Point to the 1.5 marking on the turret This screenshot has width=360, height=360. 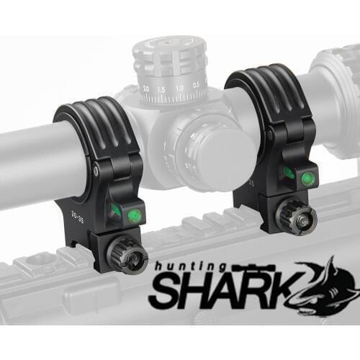pyautogui.click(x=163, y=89)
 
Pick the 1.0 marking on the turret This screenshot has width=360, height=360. pyautogui.click(x=179, y=88)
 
